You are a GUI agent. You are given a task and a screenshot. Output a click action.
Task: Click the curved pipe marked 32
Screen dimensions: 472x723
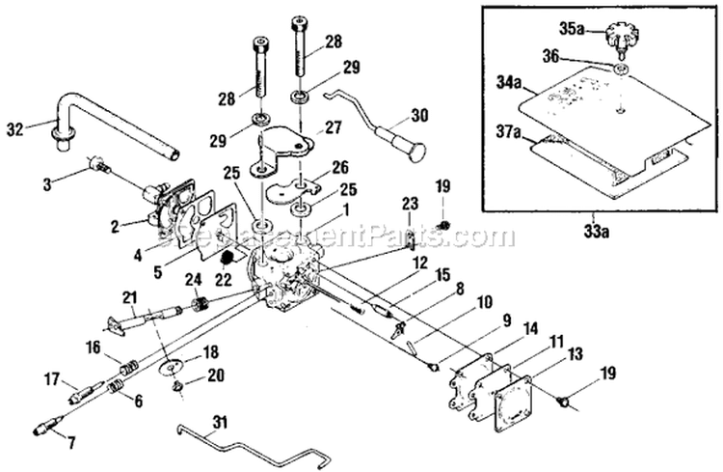[106, 101]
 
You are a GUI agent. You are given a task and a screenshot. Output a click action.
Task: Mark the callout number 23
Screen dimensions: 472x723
[409, 204]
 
